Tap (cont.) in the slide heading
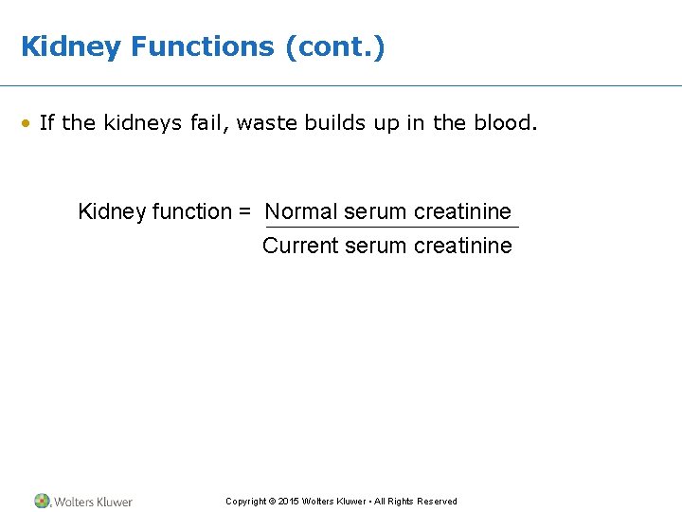pyautogui.click(x=335, y=47)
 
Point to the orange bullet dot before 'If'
pyautogui.click(x=28, y=124)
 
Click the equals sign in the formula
pyautogui.click(x=244, y=212)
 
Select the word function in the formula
pyautogui.click(x=187, y=211)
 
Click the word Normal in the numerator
pyautogui.click(x=301, y=211)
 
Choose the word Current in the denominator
pyautogui.click(x=300, y=246)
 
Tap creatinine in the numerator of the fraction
pyautogui.click(x=462, y=211)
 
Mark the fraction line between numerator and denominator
pyautogui.click(x=391, y=228)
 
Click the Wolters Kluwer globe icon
pyautogui.click(x=42, y=501)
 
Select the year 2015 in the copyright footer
pyautogui.click(x=288, y=502)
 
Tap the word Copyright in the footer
pyautogui.click(x=244, y=502)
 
